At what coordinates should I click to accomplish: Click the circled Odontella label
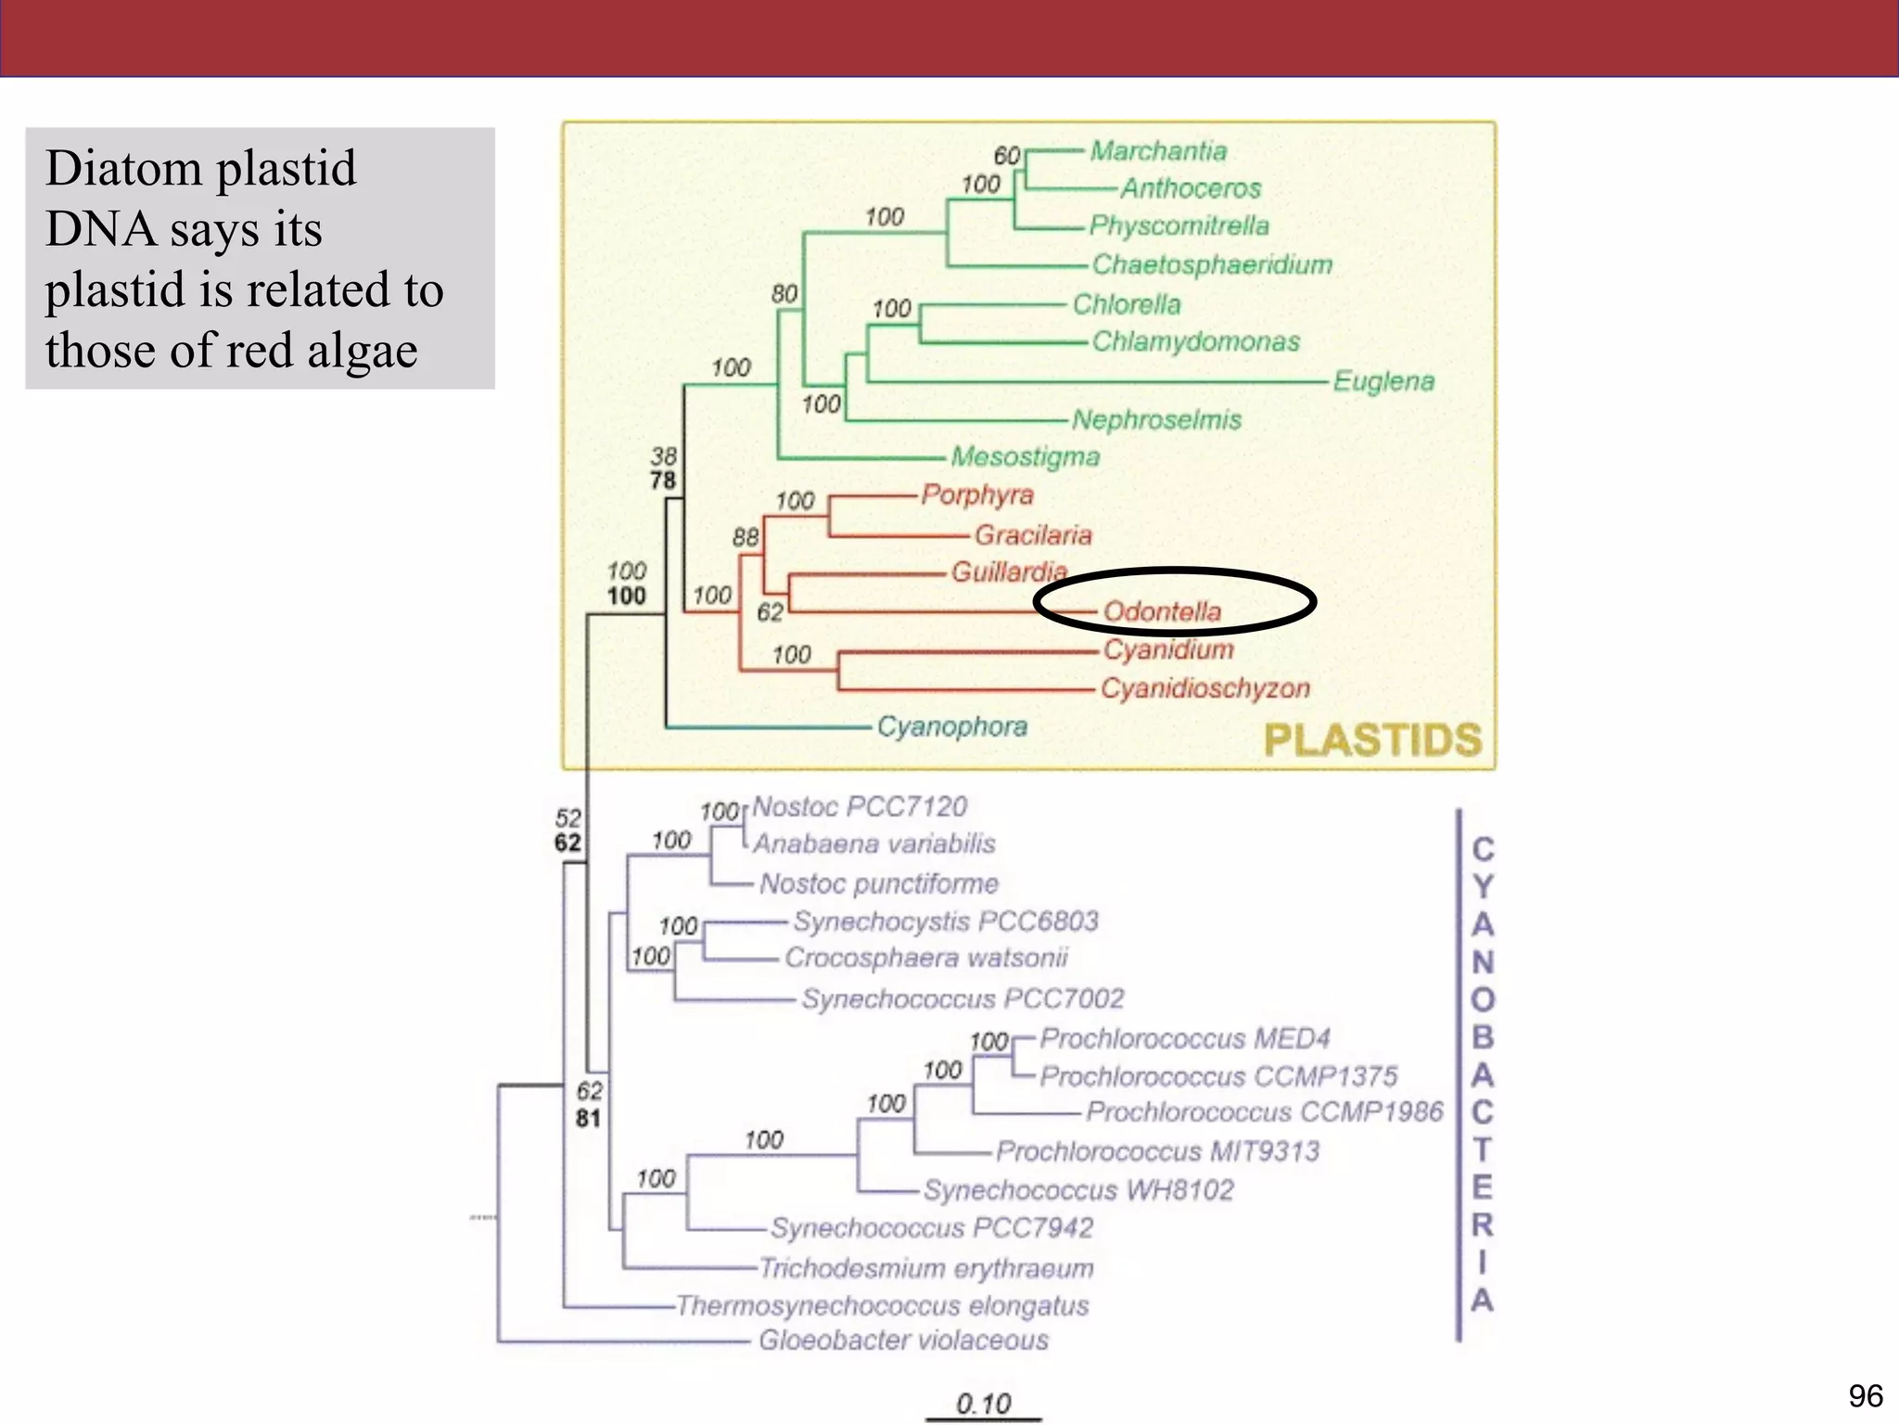coord(1162,611)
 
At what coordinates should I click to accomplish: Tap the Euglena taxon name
coord(1383,380)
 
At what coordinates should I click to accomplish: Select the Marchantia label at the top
coord(1158,150)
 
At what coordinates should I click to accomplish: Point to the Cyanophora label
coord(951,725)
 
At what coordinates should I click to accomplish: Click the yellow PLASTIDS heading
coord(1372,740)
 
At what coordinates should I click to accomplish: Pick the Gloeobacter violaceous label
coord(903,1340)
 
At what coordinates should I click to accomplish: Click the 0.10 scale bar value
coord(983,1403)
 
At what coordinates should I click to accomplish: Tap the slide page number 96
coord(1865,1395)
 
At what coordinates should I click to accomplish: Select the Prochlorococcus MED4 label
coord(1184,1037)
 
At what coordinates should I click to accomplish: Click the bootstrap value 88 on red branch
coord(746,537)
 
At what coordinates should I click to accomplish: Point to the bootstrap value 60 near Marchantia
coord(1007,156)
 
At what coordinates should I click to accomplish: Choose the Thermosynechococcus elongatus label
coord(882,1305)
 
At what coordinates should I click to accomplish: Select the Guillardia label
coord(1009,571)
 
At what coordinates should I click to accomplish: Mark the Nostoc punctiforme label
coord(879,883)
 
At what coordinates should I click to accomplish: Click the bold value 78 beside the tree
coord(663,481)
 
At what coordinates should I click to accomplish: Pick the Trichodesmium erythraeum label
coord(925,1267)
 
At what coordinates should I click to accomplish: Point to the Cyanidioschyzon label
coord(1204,687)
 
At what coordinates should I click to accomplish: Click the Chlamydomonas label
coord(1195,341)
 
